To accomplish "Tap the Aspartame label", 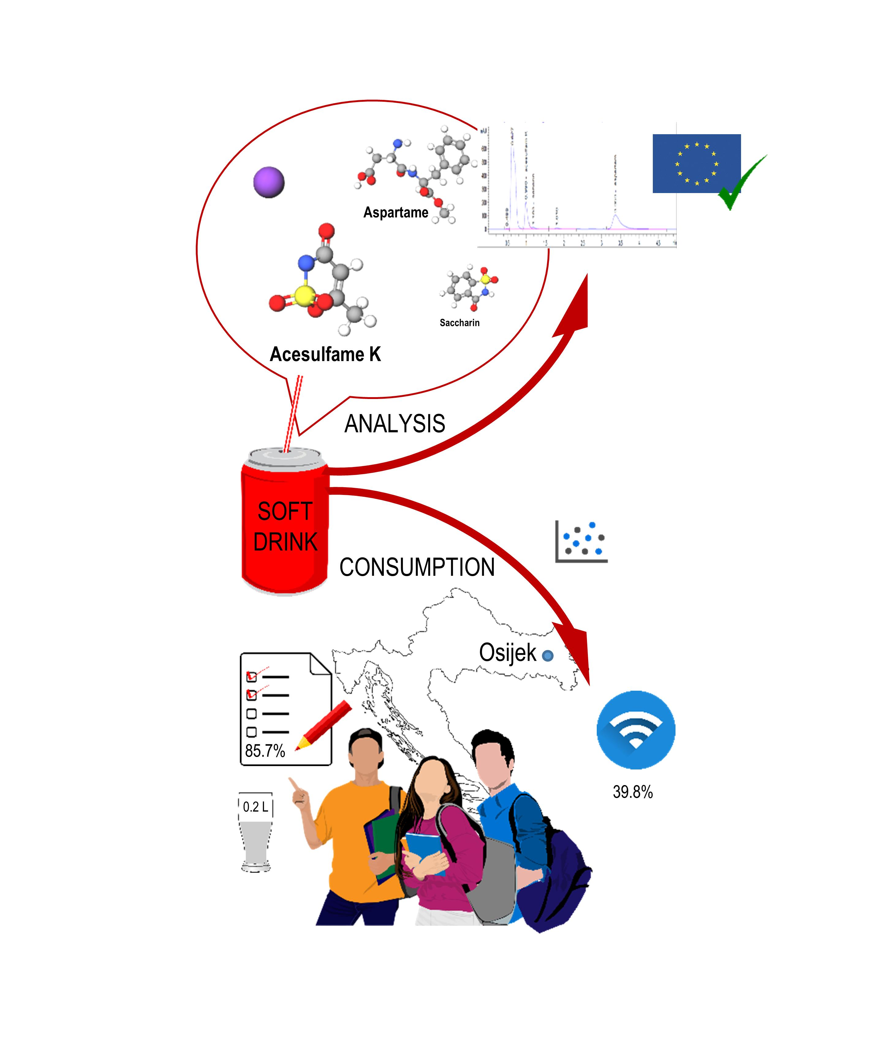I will tap(395, 213).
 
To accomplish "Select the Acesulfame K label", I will tap(325, 354).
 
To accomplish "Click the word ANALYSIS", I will tap(395, 424).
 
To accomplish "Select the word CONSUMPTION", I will tap(417, 568).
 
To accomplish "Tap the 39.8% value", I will tap(633, 792).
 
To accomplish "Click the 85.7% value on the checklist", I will tap(265, 750).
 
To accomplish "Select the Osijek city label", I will tap(507, 653).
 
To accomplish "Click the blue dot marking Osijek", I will tap(548, 656).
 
